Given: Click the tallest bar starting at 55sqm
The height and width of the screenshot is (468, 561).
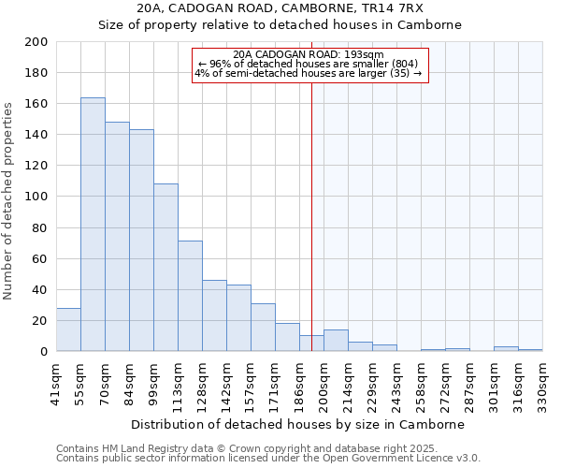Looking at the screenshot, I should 93,225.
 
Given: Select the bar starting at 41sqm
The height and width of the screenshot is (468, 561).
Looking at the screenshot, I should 68,329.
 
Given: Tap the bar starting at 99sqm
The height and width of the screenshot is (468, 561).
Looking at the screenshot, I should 165,268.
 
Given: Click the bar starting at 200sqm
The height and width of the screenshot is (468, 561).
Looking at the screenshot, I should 336,341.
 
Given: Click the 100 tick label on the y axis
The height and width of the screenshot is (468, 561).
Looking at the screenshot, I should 37,197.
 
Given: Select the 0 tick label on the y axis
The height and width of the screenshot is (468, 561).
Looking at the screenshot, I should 44,352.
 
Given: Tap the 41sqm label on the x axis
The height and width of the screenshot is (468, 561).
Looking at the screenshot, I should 56,384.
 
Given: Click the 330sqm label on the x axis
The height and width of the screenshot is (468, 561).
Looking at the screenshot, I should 542,384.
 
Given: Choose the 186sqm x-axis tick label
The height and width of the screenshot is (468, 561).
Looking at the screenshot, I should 299,384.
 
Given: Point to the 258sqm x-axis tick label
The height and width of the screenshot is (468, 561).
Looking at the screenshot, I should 421,384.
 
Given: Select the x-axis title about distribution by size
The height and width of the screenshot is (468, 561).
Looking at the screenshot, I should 298,424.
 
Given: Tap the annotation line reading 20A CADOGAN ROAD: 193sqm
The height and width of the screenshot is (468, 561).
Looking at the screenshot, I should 309,54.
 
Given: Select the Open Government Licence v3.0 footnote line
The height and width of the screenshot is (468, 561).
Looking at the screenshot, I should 268,458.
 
